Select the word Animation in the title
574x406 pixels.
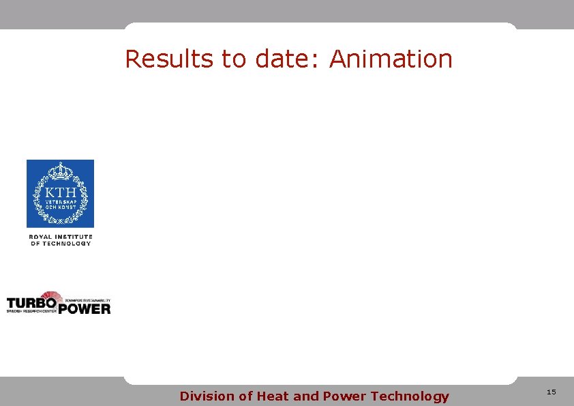(x=391, y=59)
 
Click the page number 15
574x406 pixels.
(x=552, y=392)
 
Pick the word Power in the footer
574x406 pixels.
(x=344, y=396)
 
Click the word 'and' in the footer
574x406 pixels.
(x=306, y=396)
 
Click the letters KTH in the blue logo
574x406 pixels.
(x=60, y=191)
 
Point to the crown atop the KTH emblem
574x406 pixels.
(x=60, y=170)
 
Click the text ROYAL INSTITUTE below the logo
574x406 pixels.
(x=60, y=237)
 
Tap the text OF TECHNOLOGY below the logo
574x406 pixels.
(x=60, y=244)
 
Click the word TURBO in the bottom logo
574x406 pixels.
(x=31, y=302)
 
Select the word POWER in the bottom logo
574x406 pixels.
(x=84, y=308)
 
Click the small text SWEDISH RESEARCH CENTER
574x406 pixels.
(x=31, y=310)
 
